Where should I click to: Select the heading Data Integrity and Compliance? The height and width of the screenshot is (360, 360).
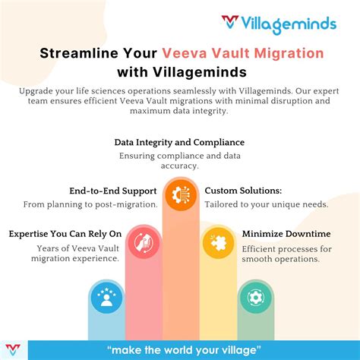click(x=179, y=142)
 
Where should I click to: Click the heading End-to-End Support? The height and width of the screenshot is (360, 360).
click(x=112, y=191)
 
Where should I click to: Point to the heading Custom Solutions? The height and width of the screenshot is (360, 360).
click(x=244, y=191)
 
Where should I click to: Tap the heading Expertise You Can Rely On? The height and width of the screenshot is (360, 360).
click(x=65, y=234)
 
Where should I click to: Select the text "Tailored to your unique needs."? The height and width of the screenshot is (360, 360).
click(x=267, y=204)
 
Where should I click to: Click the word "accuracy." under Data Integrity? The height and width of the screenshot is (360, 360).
click(x=179, y=166)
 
